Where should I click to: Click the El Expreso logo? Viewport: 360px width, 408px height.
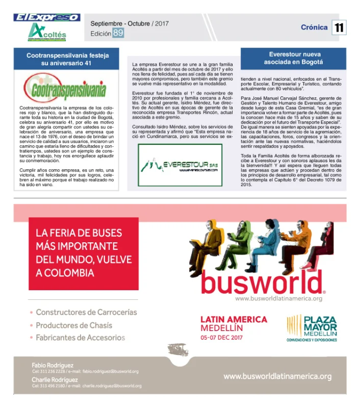tap(47, 17)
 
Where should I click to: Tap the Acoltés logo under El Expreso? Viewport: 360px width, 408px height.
tap(47, 32)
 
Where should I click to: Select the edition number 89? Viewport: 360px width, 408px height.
tap(118, 33)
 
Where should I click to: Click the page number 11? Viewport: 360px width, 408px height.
tap(339, 28)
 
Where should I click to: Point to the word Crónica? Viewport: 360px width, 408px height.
tap(314, 28)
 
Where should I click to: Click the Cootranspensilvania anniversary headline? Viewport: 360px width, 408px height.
tap(66, 59)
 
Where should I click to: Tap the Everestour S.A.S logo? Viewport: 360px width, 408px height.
tap(180, 165)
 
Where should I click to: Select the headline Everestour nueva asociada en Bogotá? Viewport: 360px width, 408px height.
tap(293, 58)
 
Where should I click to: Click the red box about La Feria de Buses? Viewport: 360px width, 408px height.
tap(83, 253)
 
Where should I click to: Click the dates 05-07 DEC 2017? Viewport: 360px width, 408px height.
tap(222, 337)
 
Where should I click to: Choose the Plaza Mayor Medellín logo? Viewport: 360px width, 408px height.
tap(312, 326)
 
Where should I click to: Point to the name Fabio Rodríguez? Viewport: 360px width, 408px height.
tap(53, 365)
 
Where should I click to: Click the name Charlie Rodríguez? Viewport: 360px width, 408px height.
tap(55, 379)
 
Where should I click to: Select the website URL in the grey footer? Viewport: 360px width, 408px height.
tap(277, 376)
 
